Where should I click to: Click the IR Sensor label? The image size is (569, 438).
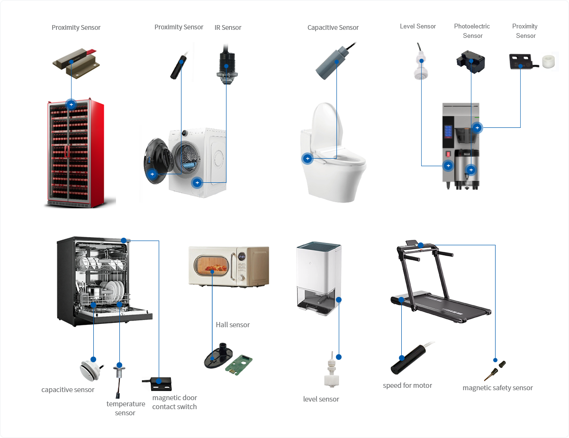(228, 27)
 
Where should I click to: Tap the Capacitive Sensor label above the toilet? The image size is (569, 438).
(333, 27)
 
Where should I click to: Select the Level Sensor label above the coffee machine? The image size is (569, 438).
(417, 27)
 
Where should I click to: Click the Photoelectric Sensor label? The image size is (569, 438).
(472, 31)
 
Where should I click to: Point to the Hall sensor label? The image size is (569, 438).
(233, 325)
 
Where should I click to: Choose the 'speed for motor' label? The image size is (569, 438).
(407, 385)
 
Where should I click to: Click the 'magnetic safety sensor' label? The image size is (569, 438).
(497, 388)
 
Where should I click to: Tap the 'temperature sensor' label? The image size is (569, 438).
(126, 408)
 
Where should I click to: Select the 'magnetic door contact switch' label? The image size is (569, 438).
(174, 402)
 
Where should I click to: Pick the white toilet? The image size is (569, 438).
(334, 161)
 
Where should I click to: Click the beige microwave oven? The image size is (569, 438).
(228, 266)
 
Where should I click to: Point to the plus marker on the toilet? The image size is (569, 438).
(307, 158)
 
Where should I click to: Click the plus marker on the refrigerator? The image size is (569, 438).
(71, 104)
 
